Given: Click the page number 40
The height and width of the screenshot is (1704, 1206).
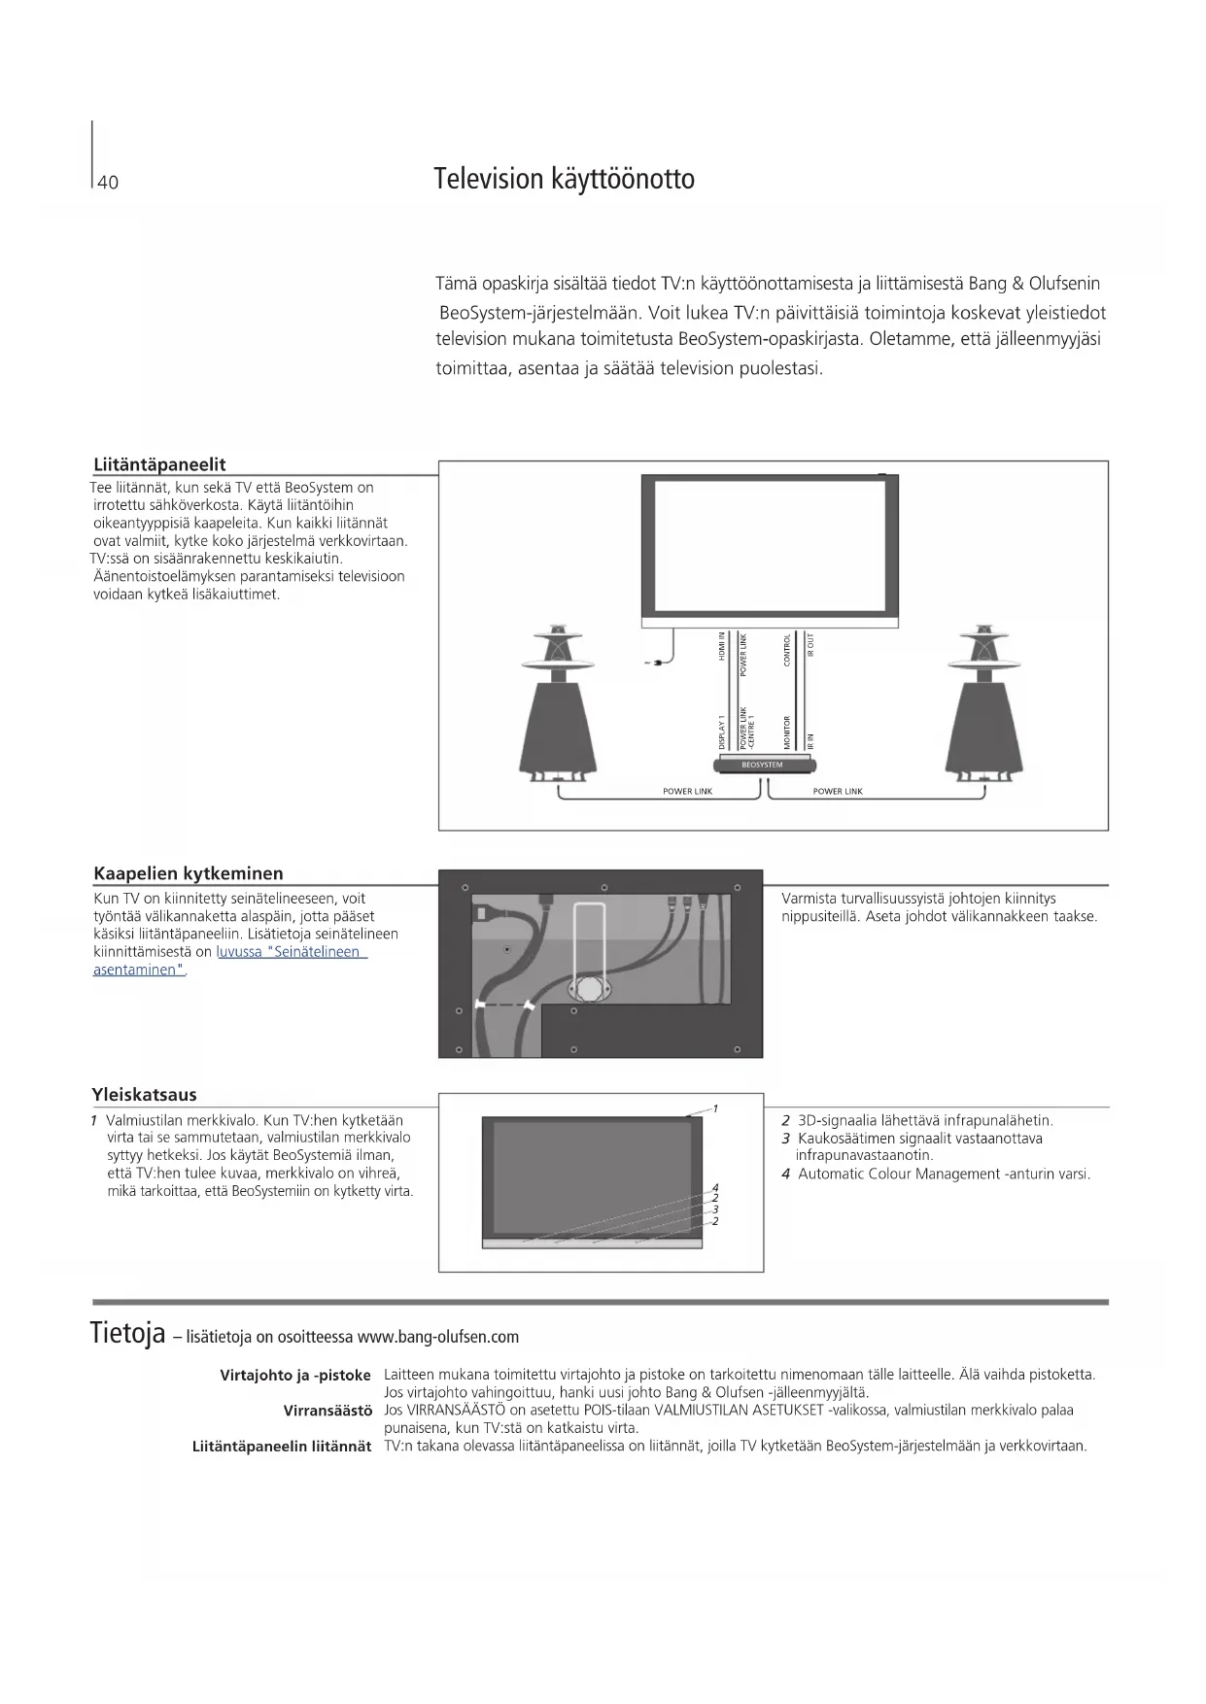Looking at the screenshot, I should (108, 183).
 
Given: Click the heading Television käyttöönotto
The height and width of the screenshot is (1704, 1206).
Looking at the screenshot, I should (564, 180).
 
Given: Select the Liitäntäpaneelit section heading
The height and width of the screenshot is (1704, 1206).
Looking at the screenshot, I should (159, 464).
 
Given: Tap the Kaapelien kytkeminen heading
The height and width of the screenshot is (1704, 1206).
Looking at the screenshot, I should (189, 873).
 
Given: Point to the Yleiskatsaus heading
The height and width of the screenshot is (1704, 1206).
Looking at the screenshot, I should (144, 1095).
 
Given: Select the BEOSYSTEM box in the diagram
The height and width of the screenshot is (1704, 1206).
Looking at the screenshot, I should (762, 766).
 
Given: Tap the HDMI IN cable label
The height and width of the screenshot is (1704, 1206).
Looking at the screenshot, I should (722, 647).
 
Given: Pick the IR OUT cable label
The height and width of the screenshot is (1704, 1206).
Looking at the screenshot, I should (810, 645).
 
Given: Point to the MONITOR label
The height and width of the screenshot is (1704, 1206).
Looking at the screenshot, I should (787, 732).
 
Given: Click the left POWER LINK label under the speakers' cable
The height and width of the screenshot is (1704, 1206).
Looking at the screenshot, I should (687, 792).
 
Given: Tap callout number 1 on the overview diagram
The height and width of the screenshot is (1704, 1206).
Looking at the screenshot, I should (715, 1108).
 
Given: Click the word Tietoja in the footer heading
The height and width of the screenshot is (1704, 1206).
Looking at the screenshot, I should (127, 1333).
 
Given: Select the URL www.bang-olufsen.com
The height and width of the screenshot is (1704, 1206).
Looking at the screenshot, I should (438, 1338).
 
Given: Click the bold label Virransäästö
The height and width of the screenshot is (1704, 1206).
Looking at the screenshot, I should (327, 1410).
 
